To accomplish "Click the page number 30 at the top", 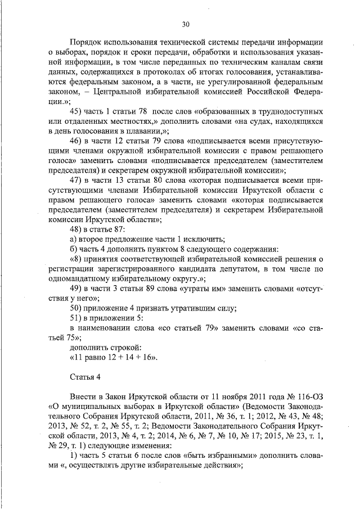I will tap(186, 24).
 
